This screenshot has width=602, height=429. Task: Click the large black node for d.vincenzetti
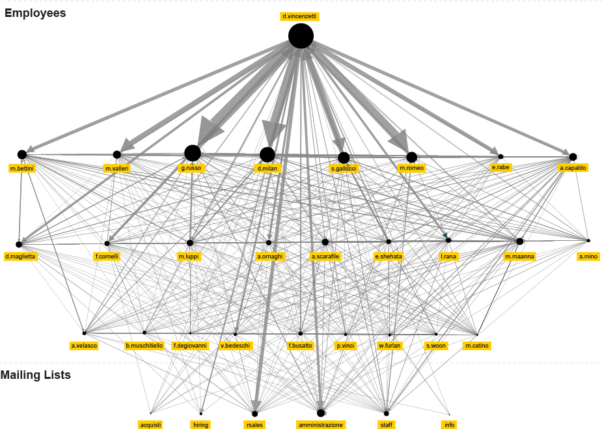click(x=301, y=36)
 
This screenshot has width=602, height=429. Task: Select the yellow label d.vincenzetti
click(x=300, y=16)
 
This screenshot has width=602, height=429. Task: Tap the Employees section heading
click(x=35, y=12)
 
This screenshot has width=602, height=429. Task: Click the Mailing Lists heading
click(x=36, y=375)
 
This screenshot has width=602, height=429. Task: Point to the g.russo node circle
click(x=192, y=153)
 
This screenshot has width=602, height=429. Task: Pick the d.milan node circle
click(x=267, y=154)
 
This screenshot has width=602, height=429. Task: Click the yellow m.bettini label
click(x=21, y=169)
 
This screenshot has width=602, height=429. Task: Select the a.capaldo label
click(x=573, y=168)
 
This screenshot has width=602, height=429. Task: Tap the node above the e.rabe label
click(x=500, y=156)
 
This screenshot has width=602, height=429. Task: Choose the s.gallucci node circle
click(x=344, y=158)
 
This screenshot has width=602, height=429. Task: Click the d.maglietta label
click(x=20, y=256)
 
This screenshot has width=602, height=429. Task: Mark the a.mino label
click(x=588, y=256)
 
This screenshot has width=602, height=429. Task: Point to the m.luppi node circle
click(x=190, y=243)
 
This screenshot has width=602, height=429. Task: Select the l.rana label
click(x=448, y=256)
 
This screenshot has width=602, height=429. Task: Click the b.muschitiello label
click(x=144, y=346)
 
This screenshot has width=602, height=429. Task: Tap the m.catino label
click(x=477, y=346)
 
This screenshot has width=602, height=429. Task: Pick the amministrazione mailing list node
click(x=321, y=413)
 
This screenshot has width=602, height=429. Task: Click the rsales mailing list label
click(x=254, y=424)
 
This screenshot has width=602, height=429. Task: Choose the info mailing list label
click(x=449, y=424)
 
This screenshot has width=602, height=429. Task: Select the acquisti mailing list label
click(x=150, y=424)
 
